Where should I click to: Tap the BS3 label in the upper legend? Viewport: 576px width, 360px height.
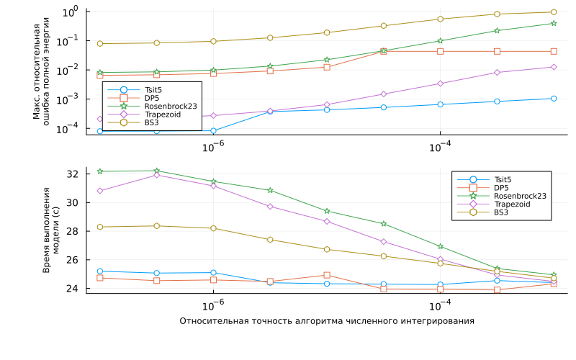[x=151, y=122]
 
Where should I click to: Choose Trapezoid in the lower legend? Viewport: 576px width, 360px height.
[x=511, y=204]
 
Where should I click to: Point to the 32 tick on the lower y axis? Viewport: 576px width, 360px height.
[x=76, y=174]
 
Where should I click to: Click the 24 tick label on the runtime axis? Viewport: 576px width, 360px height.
[x=76, y=289]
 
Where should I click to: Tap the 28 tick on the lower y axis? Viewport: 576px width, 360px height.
[x=76, y=231]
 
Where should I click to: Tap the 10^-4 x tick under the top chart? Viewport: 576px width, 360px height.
[x=440, y=147]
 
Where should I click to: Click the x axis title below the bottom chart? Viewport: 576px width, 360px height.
[x=327, y=321]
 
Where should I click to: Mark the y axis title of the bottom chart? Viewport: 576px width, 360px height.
[x=52, y=230]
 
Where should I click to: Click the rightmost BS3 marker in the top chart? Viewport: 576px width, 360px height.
[x=554, y=12]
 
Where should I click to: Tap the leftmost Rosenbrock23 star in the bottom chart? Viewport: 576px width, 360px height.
[x=100, y=171]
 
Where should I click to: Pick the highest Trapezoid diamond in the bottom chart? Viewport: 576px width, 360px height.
[x=157, y=175]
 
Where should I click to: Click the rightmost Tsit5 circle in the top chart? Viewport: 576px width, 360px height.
[x=554, y=99]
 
